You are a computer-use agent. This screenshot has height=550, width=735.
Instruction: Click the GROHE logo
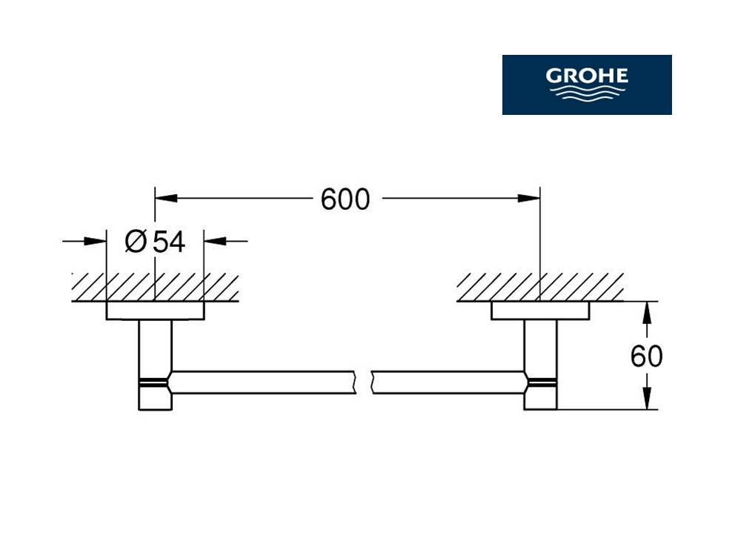587,85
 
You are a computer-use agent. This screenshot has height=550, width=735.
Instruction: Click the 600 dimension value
345,199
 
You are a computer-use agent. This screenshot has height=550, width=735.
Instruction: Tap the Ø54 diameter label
155,242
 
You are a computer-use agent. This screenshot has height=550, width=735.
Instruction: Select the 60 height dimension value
646,357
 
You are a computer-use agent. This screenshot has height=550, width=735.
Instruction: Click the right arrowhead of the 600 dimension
529,199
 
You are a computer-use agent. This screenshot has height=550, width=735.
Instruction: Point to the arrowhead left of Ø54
95,242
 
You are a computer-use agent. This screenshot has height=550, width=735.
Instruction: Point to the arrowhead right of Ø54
216,242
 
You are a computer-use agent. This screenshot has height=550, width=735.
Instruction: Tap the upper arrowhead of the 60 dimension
647,313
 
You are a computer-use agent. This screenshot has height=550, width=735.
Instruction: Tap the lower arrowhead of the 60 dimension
647,398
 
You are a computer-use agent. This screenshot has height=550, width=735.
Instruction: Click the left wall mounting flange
155,311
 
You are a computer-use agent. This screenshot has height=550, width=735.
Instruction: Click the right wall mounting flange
540,311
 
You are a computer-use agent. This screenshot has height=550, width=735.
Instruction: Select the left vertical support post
155,365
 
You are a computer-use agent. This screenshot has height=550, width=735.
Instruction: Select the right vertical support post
540,365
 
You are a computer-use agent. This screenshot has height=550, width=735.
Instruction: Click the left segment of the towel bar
263,382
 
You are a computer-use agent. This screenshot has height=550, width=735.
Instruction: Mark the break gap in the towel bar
363,382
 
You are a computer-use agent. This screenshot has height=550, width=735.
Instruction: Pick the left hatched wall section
155,287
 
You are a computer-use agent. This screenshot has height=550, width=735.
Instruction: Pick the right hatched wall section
540,287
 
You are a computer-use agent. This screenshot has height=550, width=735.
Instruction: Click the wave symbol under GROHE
587,92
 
